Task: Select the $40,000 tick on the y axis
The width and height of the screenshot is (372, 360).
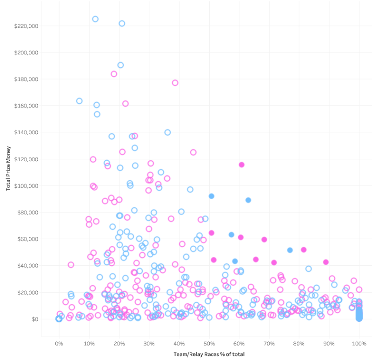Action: point(28,266)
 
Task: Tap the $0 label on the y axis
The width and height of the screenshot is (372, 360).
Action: point(34,319)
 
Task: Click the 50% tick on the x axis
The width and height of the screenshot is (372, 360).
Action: point(209,344)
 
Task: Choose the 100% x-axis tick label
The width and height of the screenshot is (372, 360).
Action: point(359,344)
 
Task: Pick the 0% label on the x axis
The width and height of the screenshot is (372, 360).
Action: point(59,344)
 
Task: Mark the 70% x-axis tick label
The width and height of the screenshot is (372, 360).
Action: point(269,344)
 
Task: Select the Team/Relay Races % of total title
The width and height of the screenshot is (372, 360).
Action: point(209,354)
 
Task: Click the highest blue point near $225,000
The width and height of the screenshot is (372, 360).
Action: point(95,19)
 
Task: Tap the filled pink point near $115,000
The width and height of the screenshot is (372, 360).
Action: point(241,164)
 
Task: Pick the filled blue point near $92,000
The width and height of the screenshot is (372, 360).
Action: point(211,196)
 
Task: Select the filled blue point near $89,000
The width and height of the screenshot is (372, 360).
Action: point(248,200)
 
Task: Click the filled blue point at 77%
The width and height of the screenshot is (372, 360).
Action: point(290,250)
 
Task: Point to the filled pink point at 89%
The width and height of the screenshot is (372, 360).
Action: point(326,262)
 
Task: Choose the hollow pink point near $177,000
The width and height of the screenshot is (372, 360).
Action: point(175,83)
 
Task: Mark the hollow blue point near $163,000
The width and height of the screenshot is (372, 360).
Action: point(79,101)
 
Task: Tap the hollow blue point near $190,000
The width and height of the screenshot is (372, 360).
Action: point(120,65)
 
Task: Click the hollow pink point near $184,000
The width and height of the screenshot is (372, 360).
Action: point(114,74)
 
